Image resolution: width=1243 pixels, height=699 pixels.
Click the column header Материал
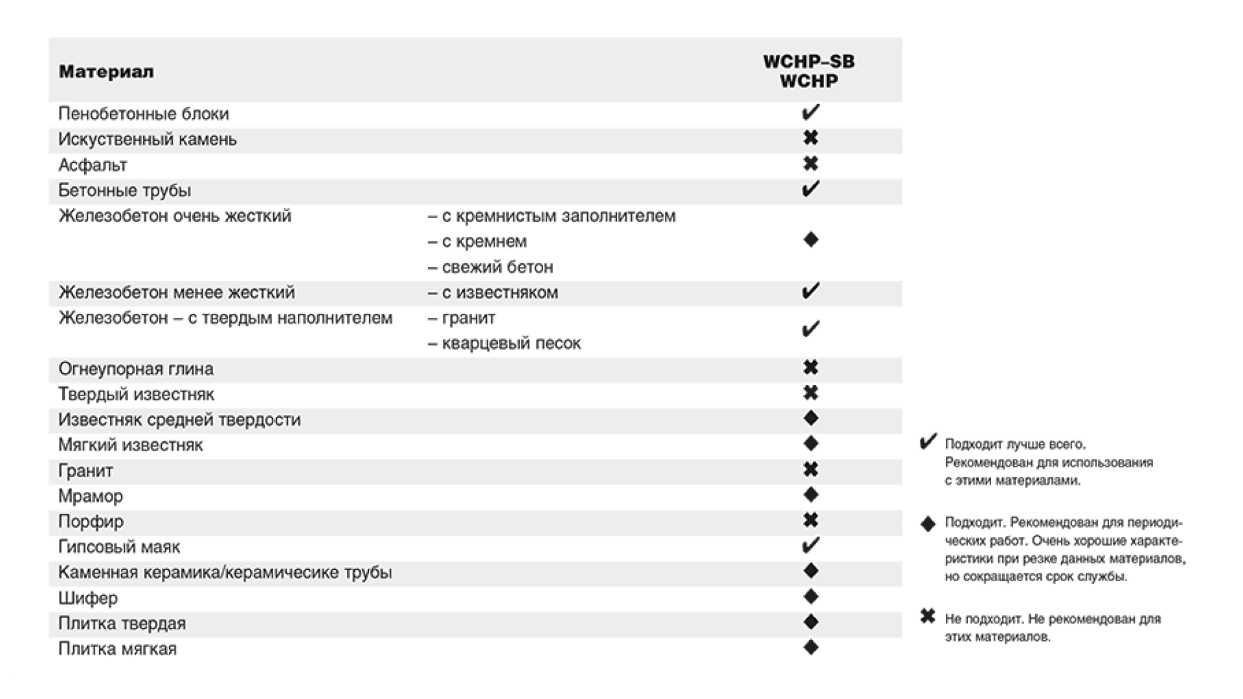(x=106, y=72)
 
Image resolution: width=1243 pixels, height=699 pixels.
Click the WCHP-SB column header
(x=809, y=62)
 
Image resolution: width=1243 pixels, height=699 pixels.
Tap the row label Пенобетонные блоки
(x=144, y=114)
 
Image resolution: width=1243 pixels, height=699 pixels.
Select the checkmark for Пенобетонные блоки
(x=811, y=113)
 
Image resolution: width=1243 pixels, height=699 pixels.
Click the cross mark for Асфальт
(x=811, y=164)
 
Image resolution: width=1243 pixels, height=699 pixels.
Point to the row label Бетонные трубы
(x=124, y=190)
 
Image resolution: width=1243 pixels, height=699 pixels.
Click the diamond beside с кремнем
(x=811, y=240)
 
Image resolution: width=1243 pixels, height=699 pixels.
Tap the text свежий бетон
(x=497, y=267)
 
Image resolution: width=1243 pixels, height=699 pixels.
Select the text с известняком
(x=500, y=293)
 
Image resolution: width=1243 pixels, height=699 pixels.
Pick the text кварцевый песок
(x=511, y=343)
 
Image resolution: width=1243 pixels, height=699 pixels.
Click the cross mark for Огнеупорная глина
(x=811, y=368)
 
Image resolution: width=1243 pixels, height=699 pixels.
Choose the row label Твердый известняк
(x=136, y=394)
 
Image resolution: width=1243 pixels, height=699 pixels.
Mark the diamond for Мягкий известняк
(x=811, y=444)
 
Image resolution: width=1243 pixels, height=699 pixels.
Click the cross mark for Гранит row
(x=811, y=469)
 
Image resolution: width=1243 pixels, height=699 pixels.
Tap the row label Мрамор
(x=91, y=496)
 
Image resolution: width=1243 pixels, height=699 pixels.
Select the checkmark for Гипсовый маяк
(x=811, y=546)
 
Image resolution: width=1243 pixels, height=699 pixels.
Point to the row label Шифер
(x=88, y=598)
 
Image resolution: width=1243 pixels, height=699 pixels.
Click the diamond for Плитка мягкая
(x=811, y=647)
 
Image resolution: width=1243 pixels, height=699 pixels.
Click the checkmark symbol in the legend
(x=928, y=443)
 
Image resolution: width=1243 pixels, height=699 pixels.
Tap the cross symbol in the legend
(x=928, y=617)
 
